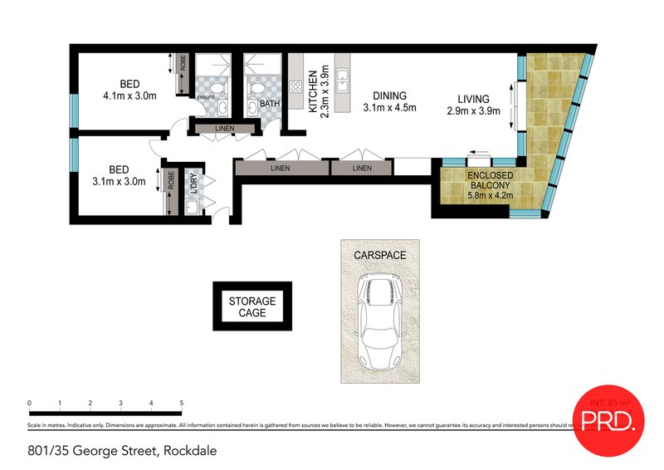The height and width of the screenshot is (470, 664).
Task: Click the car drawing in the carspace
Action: tap(379, 320)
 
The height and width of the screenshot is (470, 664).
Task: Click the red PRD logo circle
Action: tap(609, 422)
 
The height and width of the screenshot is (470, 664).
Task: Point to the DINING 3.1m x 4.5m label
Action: tap(388, 102)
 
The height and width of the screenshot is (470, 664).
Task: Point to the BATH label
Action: tap(269, 105)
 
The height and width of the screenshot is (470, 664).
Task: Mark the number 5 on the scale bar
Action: tap(181, 403)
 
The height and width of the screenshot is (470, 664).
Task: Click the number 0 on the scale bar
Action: tap(30, 403)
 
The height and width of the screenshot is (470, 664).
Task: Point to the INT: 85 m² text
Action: tap(609, 402)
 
